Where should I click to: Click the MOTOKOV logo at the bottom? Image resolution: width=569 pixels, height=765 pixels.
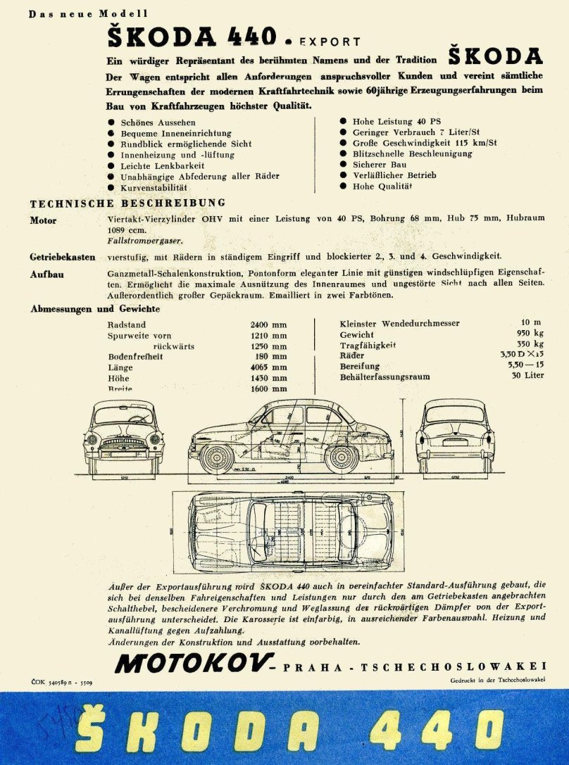[194, 663]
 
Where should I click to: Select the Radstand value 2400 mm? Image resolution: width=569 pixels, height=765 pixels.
[268, 325]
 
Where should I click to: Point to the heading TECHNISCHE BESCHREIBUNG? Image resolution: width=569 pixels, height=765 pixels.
[127, 204]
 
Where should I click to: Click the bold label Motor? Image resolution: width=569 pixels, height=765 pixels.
[43, 220]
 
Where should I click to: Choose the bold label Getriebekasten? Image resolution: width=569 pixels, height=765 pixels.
[63, 257]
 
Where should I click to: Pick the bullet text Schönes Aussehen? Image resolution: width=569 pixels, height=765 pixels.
[158, 122]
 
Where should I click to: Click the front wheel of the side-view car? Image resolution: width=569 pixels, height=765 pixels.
[216, 457]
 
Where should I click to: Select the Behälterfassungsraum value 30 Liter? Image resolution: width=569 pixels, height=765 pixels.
[528, 377]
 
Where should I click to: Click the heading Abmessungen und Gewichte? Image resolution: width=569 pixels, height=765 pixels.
[95, 309]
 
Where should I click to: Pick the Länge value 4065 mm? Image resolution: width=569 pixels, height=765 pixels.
[268, 367]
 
